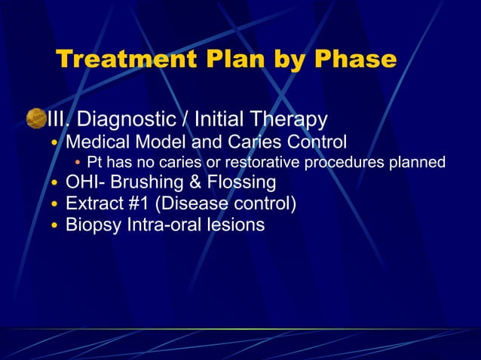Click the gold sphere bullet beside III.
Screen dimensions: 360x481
(35, 118)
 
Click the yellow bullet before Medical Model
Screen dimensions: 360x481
(54, 142)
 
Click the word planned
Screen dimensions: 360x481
(416, 162)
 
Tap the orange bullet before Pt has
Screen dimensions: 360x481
(78, 163)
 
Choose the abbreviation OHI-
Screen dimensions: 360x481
(85, 182)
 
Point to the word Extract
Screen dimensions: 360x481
(93, 203)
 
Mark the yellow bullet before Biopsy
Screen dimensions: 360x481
(54, 225)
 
